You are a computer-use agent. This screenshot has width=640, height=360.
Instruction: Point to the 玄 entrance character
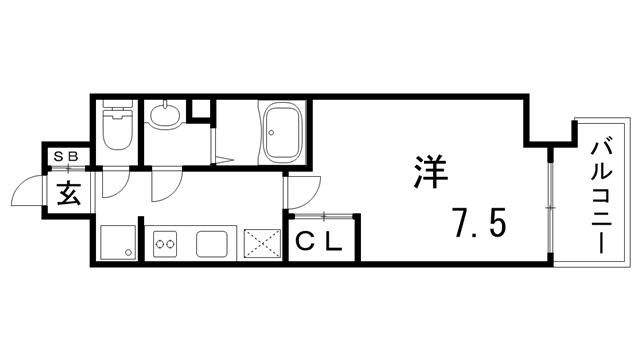click(x=68, y=193)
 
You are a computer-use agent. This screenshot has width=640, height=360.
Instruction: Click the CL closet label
click(x=320, y=241)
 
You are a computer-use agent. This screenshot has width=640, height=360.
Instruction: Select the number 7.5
click(x=477, y=223)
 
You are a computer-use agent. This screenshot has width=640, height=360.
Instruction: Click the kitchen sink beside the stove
click(x=215, y=243)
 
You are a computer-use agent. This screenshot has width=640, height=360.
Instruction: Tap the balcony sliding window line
click(x=549, y=204)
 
